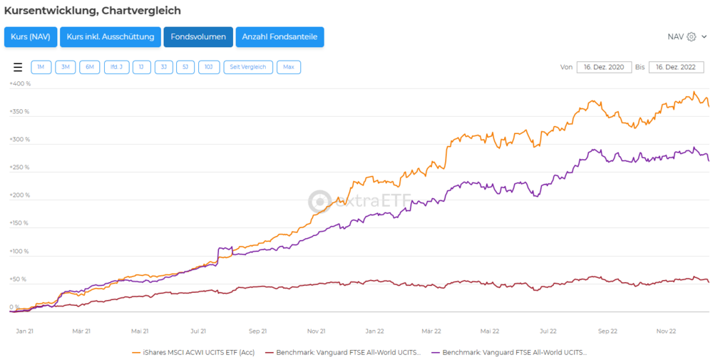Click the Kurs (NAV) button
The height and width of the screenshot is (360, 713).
[31, 37]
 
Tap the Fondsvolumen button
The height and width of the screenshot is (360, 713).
[198, 37]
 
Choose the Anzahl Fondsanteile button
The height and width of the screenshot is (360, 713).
[279, 37]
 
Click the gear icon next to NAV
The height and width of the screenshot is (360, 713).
[691, 37]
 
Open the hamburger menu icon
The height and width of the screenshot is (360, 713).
[18, 67]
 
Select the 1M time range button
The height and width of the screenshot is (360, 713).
[41, 67]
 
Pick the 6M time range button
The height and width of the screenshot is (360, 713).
[89, 67]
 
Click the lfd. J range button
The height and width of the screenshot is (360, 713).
[116, 67]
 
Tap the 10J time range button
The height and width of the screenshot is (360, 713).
[209, 67]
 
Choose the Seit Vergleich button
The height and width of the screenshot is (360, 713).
[248, 67]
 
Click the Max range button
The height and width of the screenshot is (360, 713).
[289, 67]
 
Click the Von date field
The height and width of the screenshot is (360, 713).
[603, 67]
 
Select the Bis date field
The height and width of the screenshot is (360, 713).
[676, 67]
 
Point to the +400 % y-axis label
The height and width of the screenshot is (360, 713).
[20, 83]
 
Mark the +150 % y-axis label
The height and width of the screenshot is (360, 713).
[20, 223]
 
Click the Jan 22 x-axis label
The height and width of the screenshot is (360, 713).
[375, 331]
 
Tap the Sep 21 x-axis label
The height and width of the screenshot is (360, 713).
[257, 331]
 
